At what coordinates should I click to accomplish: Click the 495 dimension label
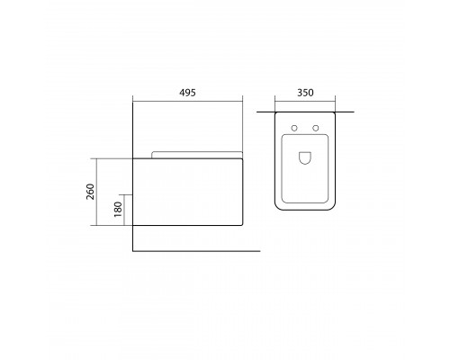pos(187,93)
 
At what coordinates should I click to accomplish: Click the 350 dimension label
pos(305,93)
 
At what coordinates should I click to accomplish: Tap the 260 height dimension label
pos(90,192)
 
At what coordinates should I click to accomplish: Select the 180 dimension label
pos(118,210)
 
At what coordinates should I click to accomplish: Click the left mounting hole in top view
pos(294,128)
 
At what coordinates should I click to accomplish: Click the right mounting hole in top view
pos(315,128)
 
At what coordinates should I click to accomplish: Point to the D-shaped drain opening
pos(305,158)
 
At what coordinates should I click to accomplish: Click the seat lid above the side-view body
pos(197,155)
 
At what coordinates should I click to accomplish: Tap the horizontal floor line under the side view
pos(196,251)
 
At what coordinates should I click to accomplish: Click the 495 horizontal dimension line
pos(187,102)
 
